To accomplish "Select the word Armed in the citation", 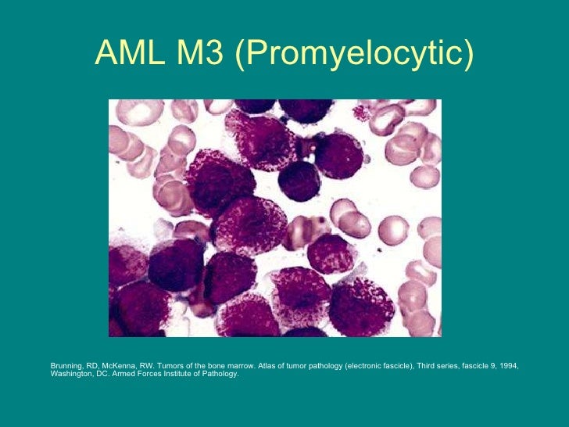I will tap(128, 374).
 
